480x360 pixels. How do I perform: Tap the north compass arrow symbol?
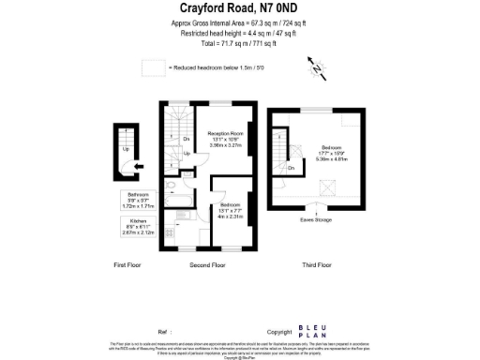coord(316,67)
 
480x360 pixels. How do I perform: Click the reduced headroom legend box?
coord(152,68)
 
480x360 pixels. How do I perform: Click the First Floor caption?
coord(127,265)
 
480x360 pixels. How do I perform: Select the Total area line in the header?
coord(239,44)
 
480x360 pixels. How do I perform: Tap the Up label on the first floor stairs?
coord(126,147)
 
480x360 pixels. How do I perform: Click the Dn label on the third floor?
coord(292,168)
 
